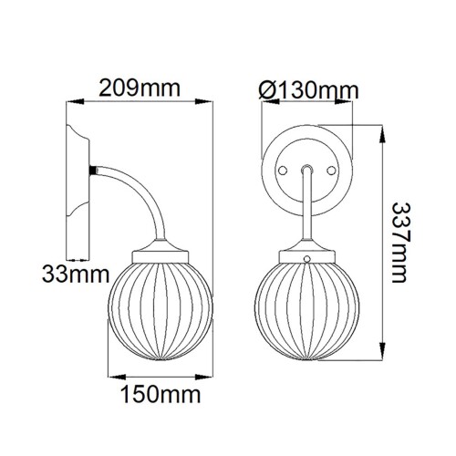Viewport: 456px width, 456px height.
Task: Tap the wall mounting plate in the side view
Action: point(78,182)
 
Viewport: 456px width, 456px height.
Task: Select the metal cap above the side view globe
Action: point(159,254)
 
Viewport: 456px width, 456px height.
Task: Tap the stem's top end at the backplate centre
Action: point(308,169)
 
